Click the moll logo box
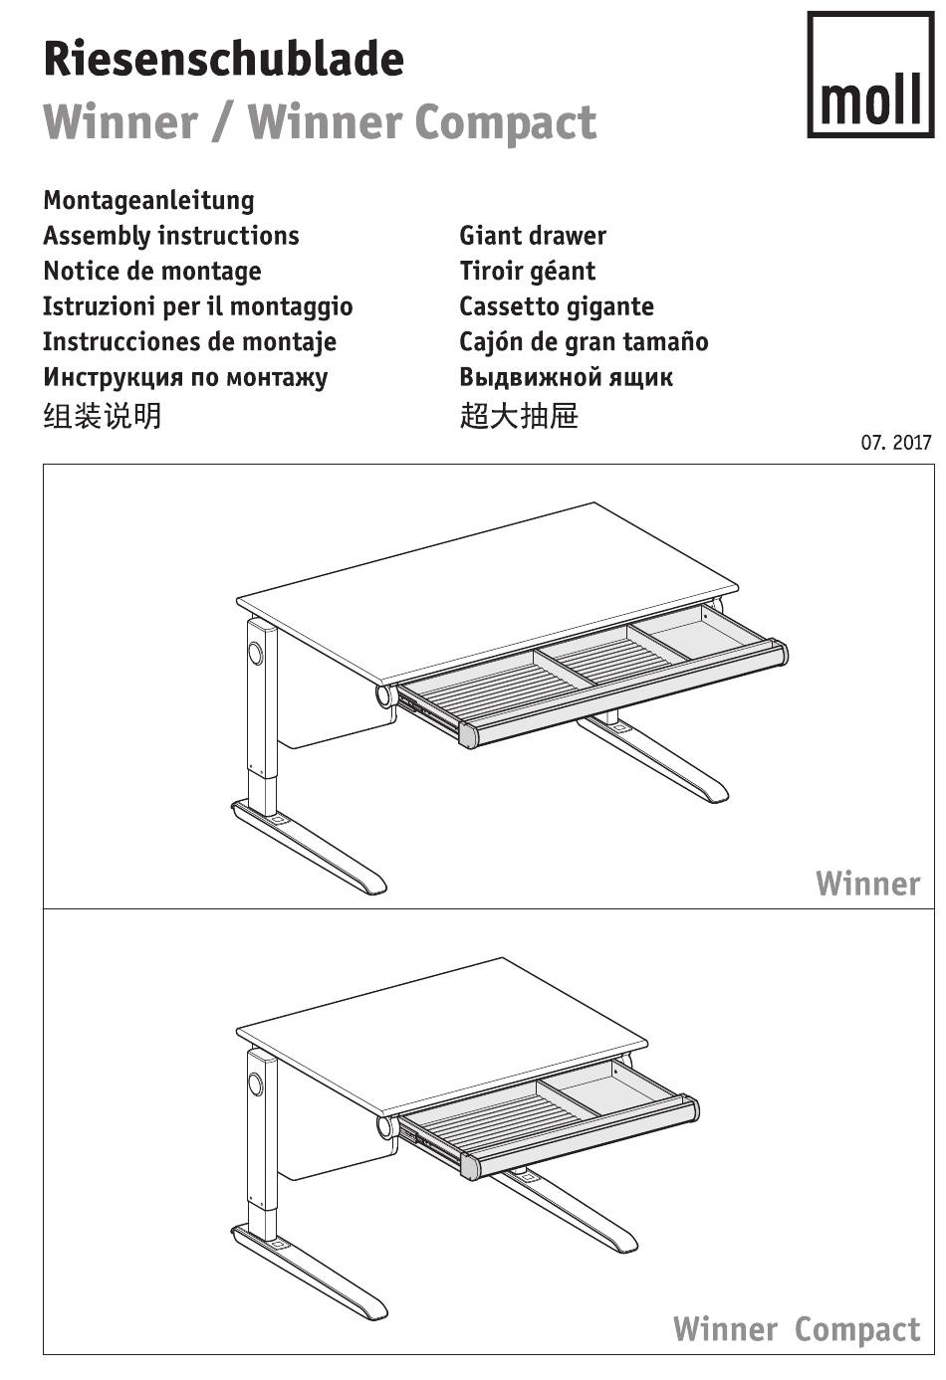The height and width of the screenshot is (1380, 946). click(870, 75)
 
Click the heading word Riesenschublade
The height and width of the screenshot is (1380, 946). click(224, 59)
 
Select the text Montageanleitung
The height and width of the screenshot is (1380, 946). click(148, 201)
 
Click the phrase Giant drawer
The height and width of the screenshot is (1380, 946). click(533, 236)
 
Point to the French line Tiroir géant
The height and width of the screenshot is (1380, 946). click(527, 272)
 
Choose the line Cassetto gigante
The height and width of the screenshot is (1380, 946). click(557, 306)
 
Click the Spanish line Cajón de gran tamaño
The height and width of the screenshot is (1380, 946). click(584, 342)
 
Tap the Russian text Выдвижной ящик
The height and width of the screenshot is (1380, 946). click(566, 377)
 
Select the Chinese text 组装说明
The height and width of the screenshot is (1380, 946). click(103, 416)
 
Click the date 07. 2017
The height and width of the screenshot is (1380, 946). click(896, 443)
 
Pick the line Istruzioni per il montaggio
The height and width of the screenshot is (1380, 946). click(198, 306)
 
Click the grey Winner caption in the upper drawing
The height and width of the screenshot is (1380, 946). click(867, 885)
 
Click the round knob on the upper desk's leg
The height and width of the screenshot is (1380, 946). click(255, 653)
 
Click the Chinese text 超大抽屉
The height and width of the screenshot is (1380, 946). click(519, 416)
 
